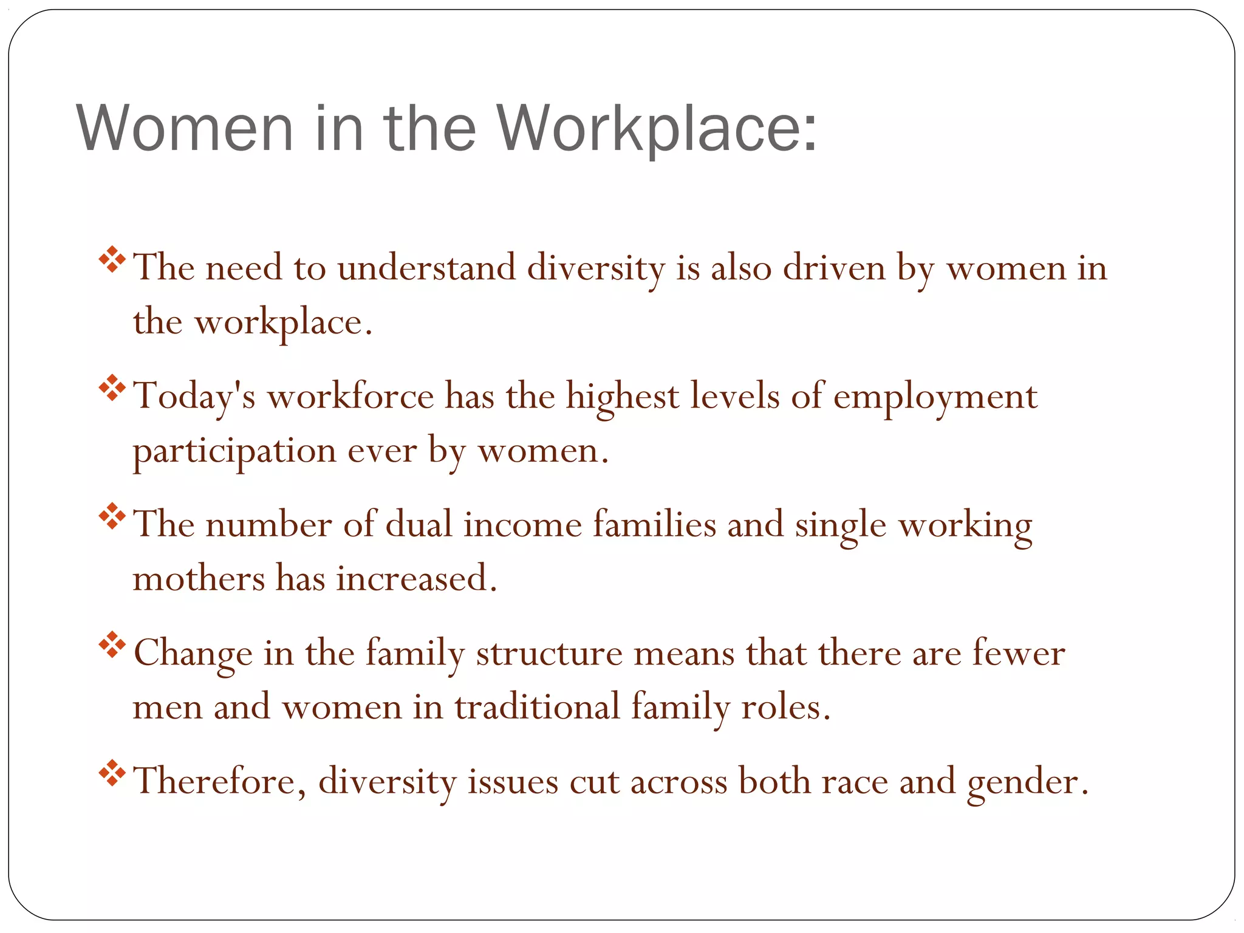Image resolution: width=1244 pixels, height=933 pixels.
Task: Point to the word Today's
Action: click(x=194, y=398)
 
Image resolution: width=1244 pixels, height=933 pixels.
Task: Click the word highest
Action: click(x=623, y=398)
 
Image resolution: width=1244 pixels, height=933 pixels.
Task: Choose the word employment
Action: click(x=935, y=398)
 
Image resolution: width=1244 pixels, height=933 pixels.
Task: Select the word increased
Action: click(x=416, y=578)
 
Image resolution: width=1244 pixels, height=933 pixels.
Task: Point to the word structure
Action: click(x=549, y=654)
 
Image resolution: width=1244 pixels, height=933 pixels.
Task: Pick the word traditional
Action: click(x=537, y=708)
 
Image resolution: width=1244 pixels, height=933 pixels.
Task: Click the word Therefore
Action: click(x=219, y=781)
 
